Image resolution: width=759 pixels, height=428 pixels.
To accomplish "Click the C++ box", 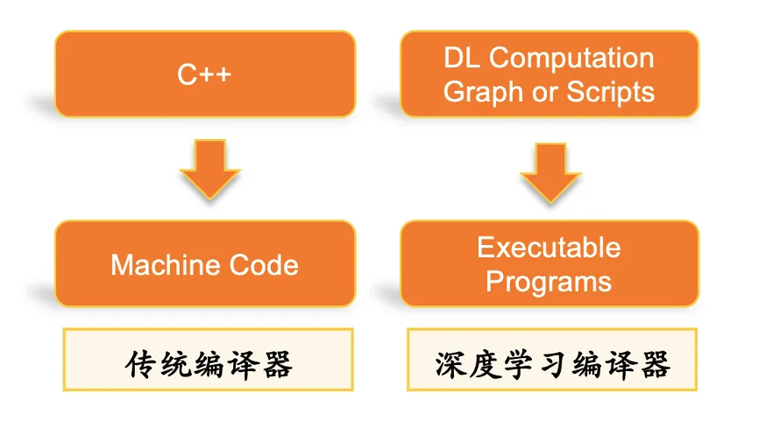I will (204, 74).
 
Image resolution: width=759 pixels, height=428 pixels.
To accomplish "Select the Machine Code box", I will (204, 263).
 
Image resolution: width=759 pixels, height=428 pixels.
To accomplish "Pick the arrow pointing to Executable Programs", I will (550, 172).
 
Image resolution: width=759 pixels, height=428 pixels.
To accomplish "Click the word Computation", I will (571, 59).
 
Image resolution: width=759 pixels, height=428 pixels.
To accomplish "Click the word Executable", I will (549, 248).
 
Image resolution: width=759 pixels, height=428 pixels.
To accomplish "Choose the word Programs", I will (549, 281).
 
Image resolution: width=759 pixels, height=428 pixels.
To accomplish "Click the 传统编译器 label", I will (208, 361).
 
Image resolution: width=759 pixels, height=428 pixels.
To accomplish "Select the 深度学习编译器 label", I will (552, 361).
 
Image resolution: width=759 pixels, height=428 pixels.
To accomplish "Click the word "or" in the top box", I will (544, 92).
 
